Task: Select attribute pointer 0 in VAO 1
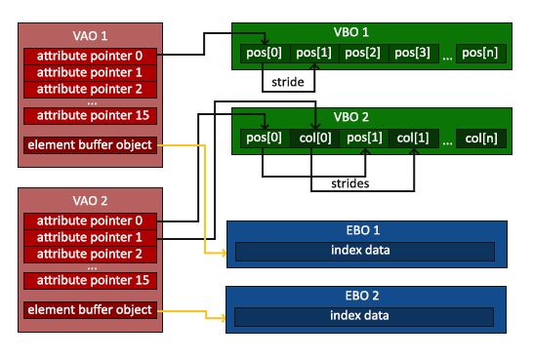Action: pyautogui.click(x=89, y=55)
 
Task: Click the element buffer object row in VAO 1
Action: pyautogui.click(x=89, y=145)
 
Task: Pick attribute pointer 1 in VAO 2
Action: pyautogui.click(x=89, y=237)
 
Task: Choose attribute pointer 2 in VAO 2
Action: pyautogui.click(x=89, y=254)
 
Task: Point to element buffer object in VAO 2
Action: pyautogui.click(x=89, y=310)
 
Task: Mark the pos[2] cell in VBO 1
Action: pyautogui.click(x=363, y=53)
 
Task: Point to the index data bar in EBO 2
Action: pyautogui.click(x=360, y=315)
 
